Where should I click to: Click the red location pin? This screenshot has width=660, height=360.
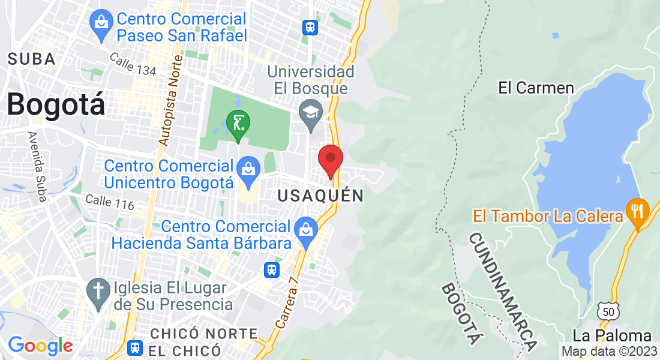point(330,160)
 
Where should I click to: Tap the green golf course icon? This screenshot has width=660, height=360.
point(238,125)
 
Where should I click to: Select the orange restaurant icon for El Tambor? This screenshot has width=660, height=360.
point(637,211)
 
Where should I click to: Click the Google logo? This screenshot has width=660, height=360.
point(40,346)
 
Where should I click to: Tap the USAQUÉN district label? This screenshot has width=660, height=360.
point(321,196)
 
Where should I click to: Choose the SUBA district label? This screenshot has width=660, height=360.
point(32,59)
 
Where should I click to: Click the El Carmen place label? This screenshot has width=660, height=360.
point(536,88)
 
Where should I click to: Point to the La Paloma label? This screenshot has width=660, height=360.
point(612,335)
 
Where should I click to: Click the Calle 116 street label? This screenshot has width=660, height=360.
point(109,202)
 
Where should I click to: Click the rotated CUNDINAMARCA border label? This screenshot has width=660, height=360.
point(502,292)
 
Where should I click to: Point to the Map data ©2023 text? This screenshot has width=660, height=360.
point(610,351)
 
